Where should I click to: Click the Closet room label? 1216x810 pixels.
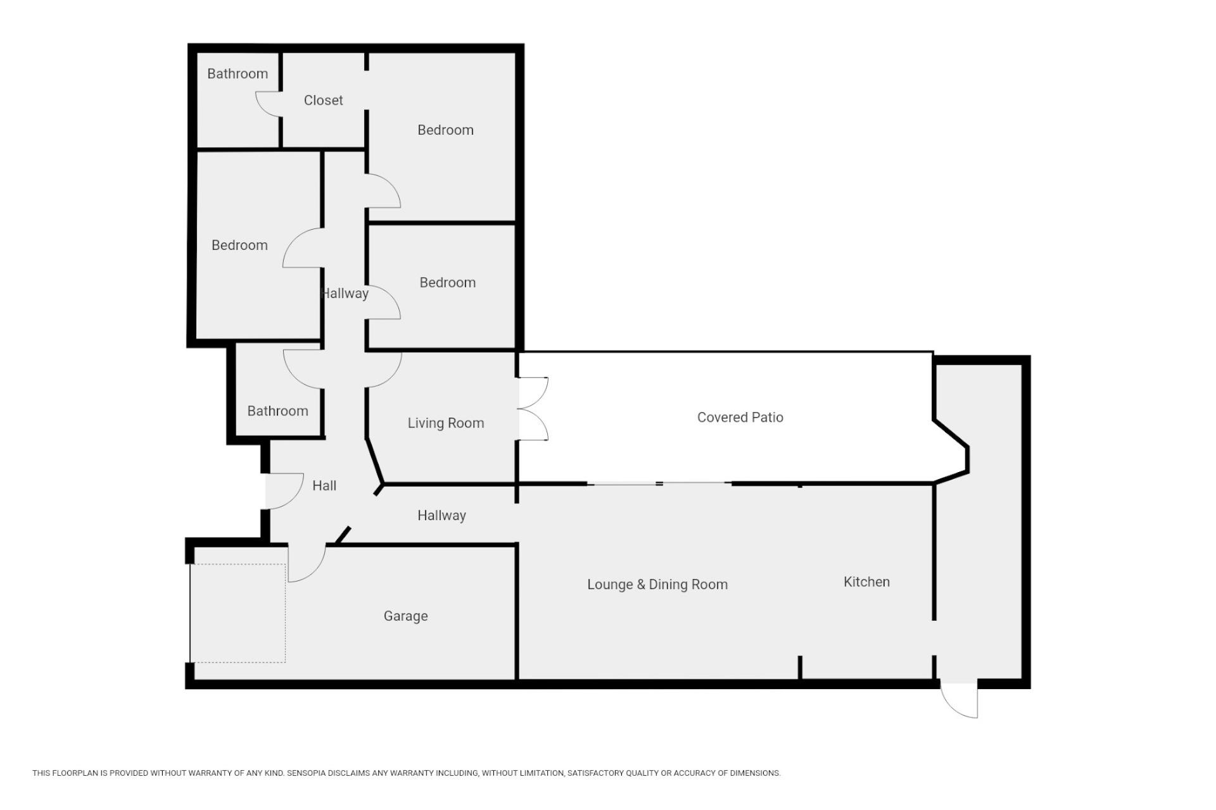click(x=323, y=100)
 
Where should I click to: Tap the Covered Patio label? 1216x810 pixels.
click(x=740, y=417)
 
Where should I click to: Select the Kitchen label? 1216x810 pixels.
click(x=866, y=582)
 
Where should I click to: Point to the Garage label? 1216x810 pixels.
click(x=405, y=616)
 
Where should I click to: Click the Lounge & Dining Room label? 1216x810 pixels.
click(x=657, y=584)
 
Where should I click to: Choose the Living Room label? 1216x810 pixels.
click(x=446, y=423)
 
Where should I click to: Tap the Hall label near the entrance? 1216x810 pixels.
click(x=324, y=485)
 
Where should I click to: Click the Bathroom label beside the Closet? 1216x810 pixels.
click(x=237, y=73)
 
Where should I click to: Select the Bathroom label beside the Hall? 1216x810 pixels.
click(x=277, y=411)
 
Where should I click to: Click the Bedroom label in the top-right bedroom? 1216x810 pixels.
click(x=445, y=130)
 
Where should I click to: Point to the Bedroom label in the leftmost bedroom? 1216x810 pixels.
click(x=239, y=245)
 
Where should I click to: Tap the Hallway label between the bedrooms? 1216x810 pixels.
click(x=345, y=293)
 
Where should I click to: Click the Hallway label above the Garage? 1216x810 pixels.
click(x=441, y=515)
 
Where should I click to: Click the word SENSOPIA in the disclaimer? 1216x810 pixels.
click(x=307, y=773)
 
